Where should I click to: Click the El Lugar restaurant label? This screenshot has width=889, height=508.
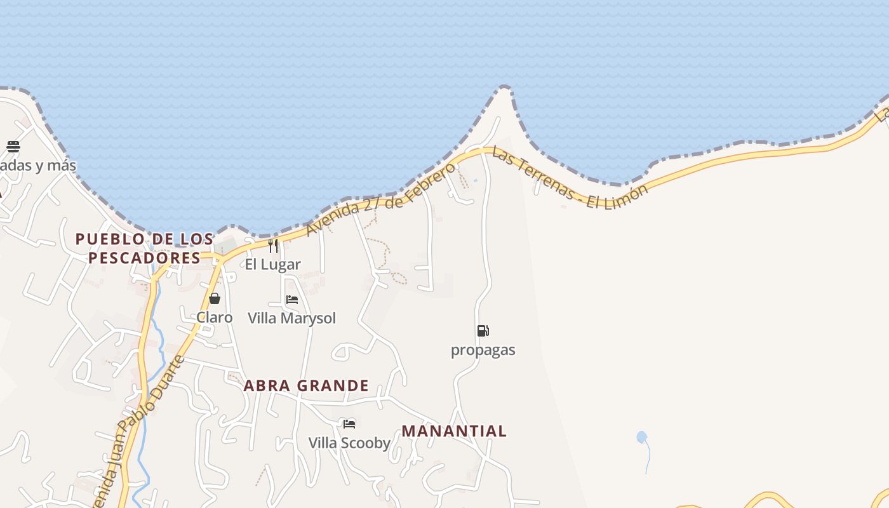272,264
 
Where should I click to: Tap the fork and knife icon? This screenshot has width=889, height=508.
273,245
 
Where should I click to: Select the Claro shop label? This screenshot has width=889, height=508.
214,317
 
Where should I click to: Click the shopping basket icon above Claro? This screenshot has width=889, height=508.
215,298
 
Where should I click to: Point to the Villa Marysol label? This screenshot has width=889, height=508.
291,318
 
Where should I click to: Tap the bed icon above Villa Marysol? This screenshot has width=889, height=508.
292,299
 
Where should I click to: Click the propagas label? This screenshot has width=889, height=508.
483,350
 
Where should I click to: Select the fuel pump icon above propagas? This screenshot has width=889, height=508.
483,331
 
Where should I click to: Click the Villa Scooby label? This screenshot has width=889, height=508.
349,443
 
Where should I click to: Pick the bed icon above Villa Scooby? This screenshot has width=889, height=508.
349,424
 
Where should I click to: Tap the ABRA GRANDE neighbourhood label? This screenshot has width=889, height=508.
306,385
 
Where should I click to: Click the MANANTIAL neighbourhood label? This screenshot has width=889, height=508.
454,431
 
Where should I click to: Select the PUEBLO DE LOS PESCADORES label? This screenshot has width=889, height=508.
145,248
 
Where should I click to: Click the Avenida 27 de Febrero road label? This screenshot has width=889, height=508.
381,198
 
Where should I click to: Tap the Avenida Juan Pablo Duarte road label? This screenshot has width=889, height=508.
137,432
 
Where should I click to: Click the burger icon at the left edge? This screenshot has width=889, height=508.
13,147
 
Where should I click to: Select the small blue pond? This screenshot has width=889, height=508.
641,437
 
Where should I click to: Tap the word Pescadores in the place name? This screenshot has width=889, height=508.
145,258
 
